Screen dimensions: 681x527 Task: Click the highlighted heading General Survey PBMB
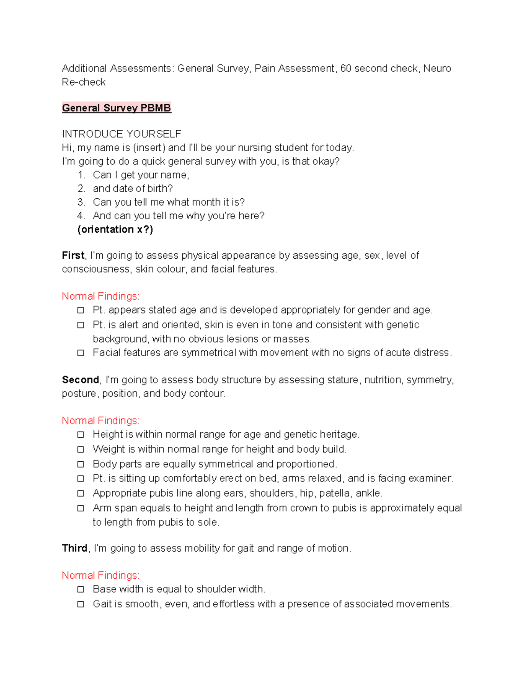(x=116, y=108)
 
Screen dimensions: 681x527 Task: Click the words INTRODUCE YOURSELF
(x=122, y=134)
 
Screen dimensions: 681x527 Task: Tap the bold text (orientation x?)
(x=115, y=229)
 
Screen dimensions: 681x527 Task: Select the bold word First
(x=73, y=255)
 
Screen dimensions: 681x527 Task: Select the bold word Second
(x=80, y=380)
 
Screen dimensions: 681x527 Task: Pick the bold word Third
(x=75, y=548)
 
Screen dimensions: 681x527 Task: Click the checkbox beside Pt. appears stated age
(x=80, y=310)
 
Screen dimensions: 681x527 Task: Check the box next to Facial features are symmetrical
(x=80, y=353)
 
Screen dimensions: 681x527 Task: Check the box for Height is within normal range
(x=80, y=435)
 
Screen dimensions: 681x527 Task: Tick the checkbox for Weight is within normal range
(x=80, y=449)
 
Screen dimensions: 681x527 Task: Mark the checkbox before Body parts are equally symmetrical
(x=80, y=464)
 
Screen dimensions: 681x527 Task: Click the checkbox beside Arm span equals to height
(x=80, y=508)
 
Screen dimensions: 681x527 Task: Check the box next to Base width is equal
(x=80, y=589)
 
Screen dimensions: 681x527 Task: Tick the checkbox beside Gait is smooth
(x=80, y=604)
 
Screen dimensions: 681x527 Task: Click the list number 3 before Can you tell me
(x=81, y=202)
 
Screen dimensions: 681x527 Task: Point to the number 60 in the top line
(x=346, y=68)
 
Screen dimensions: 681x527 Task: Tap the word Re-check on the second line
(x=84, y=82)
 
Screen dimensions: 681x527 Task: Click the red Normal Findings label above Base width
(x=101, y=575)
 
